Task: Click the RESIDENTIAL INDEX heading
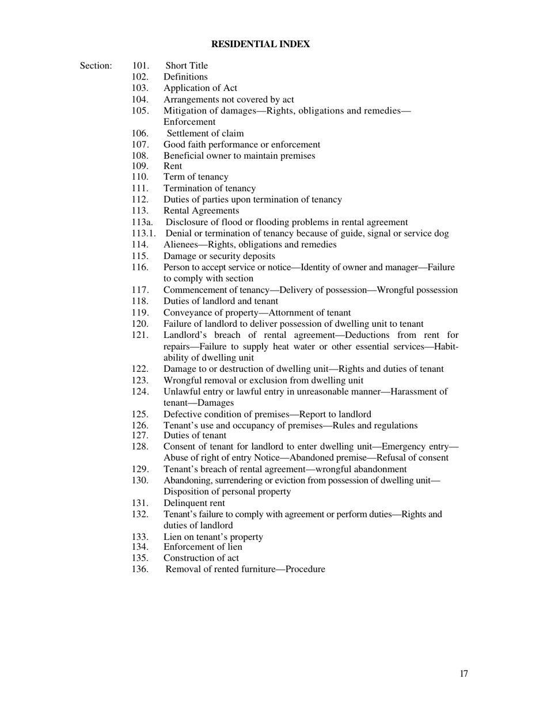click(260, 44)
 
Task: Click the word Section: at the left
click(96, 66)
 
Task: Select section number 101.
click(140, 66)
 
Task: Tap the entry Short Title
click(187, 66)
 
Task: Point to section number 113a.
click(142, 222)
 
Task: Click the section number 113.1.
click(143, 234)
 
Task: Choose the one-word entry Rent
click(173, 166)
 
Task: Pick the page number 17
click(464, 674)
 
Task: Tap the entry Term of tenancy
click(196, 177)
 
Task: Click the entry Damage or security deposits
click(219, 256)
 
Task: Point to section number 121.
click(140, 335)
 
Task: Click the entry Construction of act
click(201, 558)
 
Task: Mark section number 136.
click(140, 569)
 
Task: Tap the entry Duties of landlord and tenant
click(221, 301)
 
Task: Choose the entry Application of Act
click(200, 88)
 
